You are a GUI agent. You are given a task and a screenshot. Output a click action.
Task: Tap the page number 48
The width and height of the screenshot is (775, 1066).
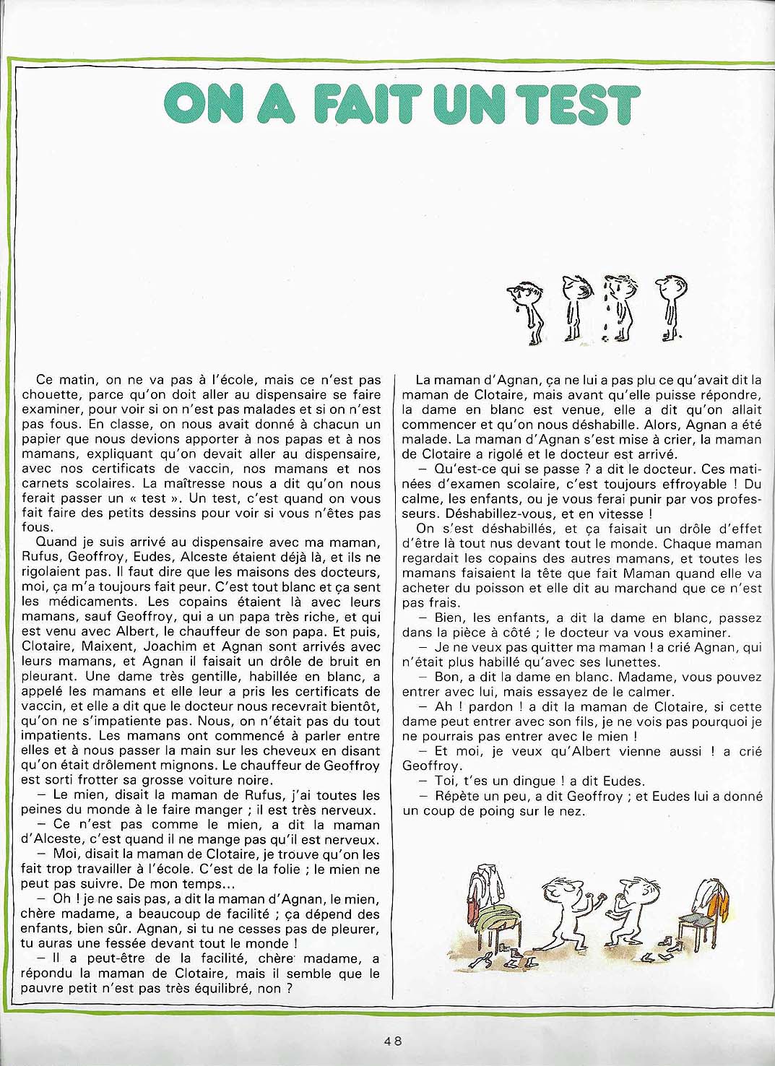pos(393,1041)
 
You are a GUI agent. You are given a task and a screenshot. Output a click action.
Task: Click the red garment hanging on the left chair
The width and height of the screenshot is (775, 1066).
pos(475,902)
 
